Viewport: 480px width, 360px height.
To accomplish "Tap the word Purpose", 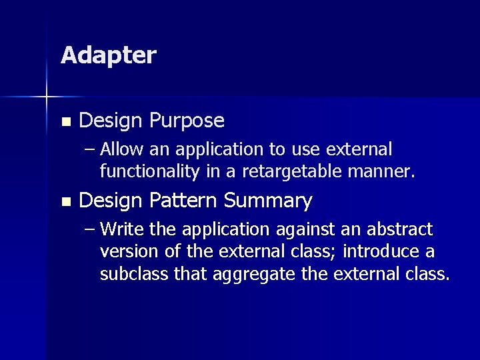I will click(x=187, y=121).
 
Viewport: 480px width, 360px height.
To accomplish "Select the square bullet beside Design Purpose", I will click(x=65, y=122).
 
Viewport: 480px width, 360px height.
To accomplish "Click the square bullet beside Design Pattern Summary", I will click(x=65, y=201).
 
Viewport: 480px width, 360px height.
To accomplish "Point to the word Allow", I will click(x=122, y=149).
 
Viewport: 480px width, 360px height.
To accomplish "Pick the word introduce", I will click(x=381, y=252).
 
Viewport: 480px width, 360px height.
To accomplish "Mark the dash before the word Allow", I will click(x=90, y=149).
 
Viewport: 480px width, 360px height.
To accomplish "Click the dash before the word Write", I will click(x=90, y=229).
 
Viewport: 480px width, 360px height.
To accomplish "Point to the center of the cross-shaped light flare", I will click(x=47, y=97).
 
